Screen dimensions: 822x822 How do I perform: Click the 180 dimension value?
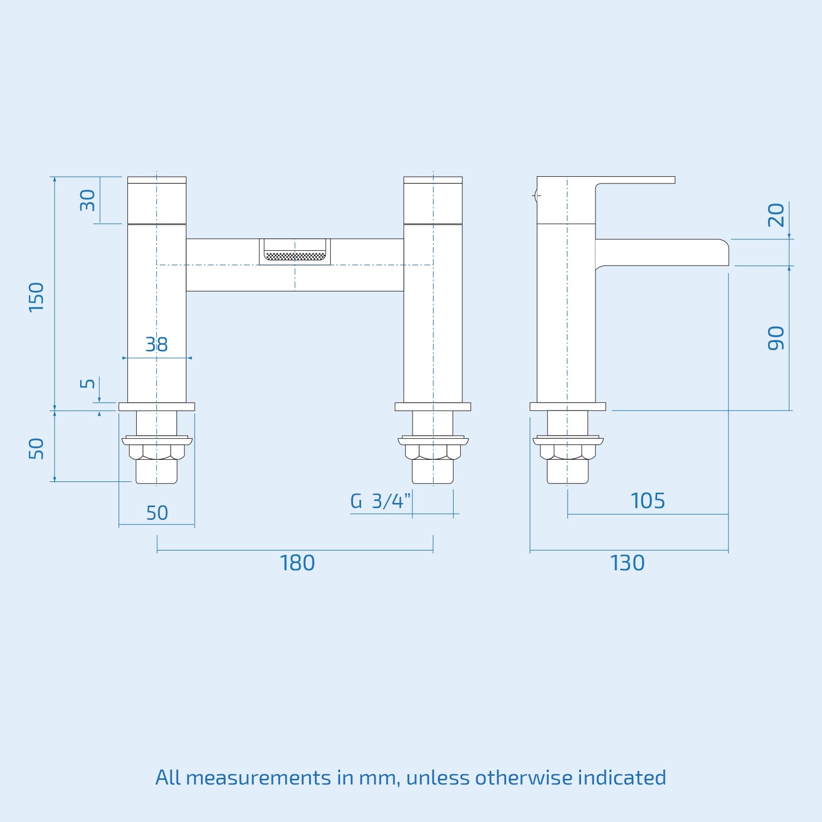297,563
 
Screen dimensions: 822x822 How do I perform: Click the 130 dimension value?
627,563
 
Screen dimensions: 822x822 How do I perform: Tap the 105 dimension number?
647,501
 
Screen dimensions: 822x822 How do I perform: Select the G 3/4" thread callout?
380,501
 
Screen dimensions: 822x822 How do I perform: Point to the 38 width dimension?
156,344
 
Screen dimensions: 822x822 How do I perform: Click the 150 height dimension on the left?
36,296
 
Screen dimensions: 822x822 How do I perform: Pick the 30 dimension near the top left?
88,200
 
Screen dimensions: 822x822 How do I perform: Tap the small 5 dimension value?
88,383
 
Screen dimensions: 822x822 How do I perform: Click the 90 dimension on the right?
776,338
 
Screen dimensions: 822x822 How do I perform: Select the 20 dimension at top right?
776,215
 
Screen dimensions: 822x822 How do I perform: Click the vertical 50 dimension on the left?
36,449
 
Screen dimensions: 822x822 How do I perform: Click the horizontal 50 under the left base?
157,513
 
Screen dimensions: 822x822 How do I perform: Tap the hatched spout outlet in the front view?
295,255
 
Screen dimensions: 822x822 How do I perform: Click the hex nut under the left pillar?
157,452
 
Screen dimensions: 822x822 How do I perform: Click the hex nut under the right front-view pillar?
433,452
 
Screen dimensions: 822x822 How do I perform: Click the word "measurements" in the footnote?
258,777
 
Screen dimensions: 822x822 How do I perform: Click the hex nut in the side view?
568,452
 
